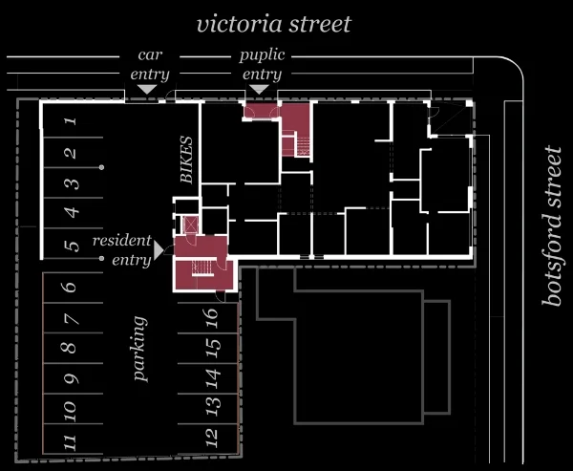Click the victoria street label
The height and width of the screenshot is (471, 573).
pyautogui.click(x=274, y=25)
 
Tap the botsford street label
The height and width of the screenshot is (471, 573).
pyautogui.click(x=551, y=225)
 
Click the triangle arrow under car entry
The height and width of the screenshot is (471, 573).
pyautogui.click(x=147, y=89)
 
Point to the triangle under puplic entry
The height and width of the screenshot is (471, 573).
pyautogui.click(x=259, y=89)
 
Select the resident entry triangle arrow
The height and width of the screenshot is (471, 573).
pyautogui.click(x=159, y=250)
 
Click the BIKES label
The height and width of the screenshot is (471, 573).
pyautogui.click(x=186, y=160)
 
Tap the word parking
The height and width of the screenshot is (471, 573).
pyautogui.click(x=140, y=349)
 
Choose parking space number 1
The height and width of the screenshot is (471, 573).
pyautogui.click(x=72, y=120)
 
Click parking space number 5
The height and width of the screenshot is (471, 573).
pyautogui.click(x=72, y=245)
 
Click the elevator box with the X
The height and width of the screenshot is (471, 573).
pyautogui.click(x=191, y=225)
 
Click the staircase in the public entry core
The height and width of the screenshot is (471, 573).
pyautogui.click(x=303, y=146)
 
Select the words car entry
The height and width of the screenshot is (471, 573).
pyautogui.click(x=150, y=65)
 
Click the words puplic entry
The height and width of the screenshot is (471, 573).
pyautogui.click(x=262, y=65)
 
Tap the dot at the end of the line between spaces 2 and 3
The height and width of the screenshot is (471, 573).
pyautogui.click(x=101, y=167)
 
